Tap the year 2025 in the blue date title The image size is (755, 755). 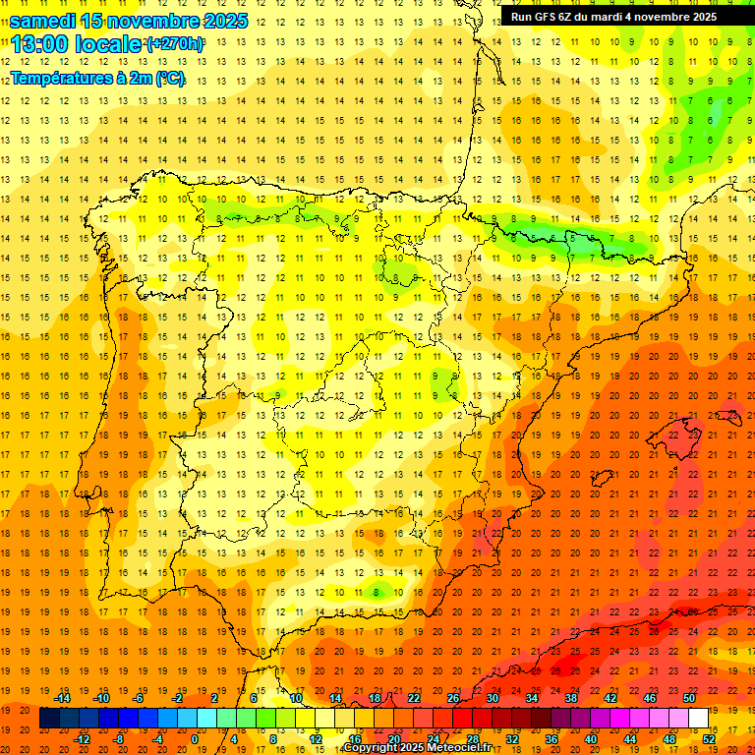222,21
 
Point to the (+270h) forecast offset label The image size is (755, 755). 174,44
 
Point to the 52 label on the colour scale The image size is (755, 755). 708,738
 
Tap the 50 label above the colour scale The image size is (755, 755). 689,698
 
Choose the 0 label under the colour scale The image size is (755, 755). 195,738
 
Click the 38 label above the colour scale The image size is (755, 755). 570,698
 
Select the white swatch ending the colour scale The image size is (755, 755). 698,719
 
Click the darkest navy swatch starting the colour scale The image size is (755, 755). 49,719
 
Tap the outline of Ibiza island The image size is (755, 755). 603,478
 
